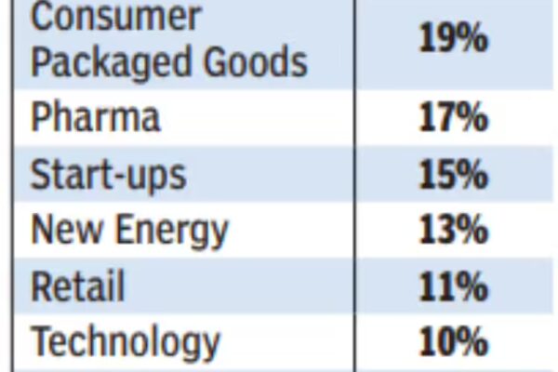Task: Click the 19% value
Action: point(454,40)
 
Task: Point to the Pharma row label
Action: point(95,118)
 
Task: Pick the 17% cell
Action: point(453,119)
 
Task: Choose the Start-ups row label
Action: point(109,175)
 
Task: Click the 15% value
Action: point(453,175)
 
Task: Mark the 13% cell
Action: point(453,230)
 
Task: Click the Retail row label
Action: point(79,286)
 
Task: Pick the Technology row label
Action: point(126,342)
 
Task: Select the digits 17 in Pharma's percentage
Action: point(437,119)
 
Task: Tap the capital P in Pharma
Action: point(42,118)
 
